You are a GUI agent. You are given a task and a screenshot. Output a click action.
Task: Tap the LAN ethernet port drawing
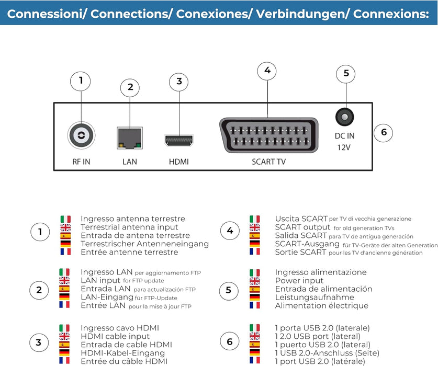pyautogui.click(x=129, y=138)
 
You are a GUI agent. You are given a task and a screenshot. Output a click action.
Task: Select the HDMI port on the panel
pyautogui.click(x=179, y=140)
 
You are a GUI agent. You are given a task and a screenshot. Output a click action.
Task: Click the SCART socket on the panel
pyautogui.click(x=267, y=135)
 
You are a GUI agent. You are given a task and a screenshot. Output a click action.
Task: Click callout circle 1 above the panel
pyautogui.click(x=81, y=81)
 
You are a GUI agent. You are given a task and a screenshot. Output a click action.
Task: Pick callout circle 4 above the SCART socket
pyautogui.click(x=267, y=71)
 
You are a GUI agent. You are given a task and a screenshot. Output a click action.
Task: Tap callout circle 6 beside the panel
pyautogui.click(x=384, y=132)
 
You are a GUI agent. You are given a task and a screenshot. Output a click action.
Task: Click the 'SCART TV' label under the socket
pyautogui.click(x=268, y=162)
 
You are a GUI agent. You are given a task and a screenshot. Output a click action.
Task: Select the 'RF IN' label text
pyautogui.click(x=81, y=162)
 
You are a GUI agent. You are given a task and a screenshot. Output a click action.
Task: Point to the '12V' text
pyautogui.click(x=344, y=147)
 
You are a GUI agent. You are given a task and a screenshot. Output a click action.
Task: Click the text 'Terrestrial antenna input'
pyautogui.click(x=129, y=227)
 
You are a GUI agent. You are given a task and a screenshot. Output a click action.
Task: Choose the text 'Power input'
pyautogui.click(x=299, y=281)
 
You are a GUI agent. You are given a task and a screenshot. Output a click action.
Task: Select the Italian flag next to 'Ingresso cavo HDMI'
pyautogui.click(x=65, y=328)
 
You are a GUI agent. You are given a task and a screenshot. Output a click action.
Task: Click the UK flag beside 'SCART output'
pyautogui.click(x=254, y=227)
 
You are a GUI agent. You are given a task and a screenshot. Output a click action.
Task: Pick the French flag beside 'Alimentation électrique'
pyautogui.click(x=254, y=305)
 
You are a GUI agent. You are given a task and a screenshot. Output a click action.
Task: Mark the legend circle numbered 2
pyautogui.click(x=39, y=289)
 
